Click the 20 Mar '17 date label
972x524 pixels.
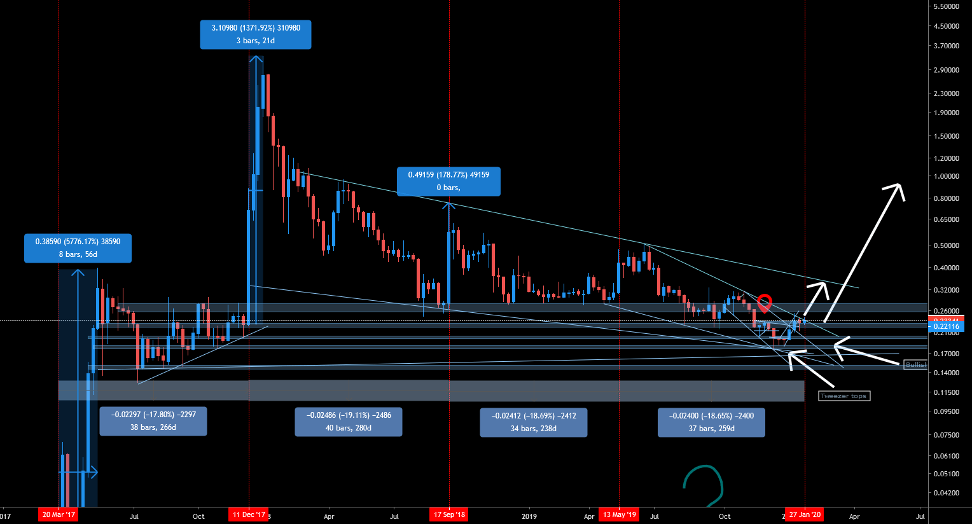click(58, 514)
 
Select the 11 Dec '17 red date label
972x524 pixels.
click(249, 514)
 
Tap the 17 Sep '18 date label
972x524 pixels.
click(449, 514)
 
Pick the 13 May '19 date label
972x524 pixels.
click(619, 514)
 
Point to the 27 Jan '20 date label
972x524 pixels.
click(805, 514)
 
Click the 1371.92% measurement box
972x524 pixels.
click(256, 34)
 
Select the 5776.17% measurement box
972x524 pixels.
click(78, 248)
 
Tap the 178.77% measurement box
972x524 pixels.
click(448, 181)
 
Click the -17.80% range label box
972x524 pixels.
click(153, 422)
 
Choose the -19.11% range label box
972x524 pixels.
click(349, 422)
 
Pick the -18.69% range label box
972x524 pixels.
click(534, 422)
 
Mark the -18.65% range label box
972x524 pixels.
click(711, 422)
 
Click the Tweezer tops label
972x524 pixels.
click(844, 396)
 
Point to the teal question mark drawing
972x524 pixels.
click(704, 486)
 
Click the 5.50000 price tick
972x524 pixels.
click(946, 6)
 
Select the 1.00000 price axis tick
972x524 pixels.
click(946, 176)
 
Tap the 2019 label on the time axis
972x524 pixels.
click(529, 516)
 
